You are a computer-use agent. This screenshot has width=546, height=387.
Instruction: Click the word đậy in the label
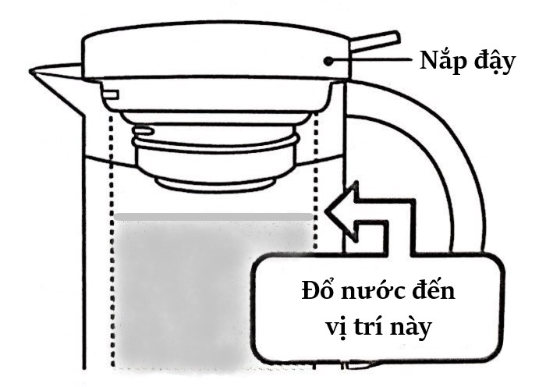click(495, 62)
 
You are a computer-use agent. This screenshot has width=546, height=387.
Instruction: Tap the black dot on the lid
click(331, 59)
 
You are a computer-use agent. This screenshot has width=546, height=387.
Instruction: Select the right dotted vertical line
click(316, 179)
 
